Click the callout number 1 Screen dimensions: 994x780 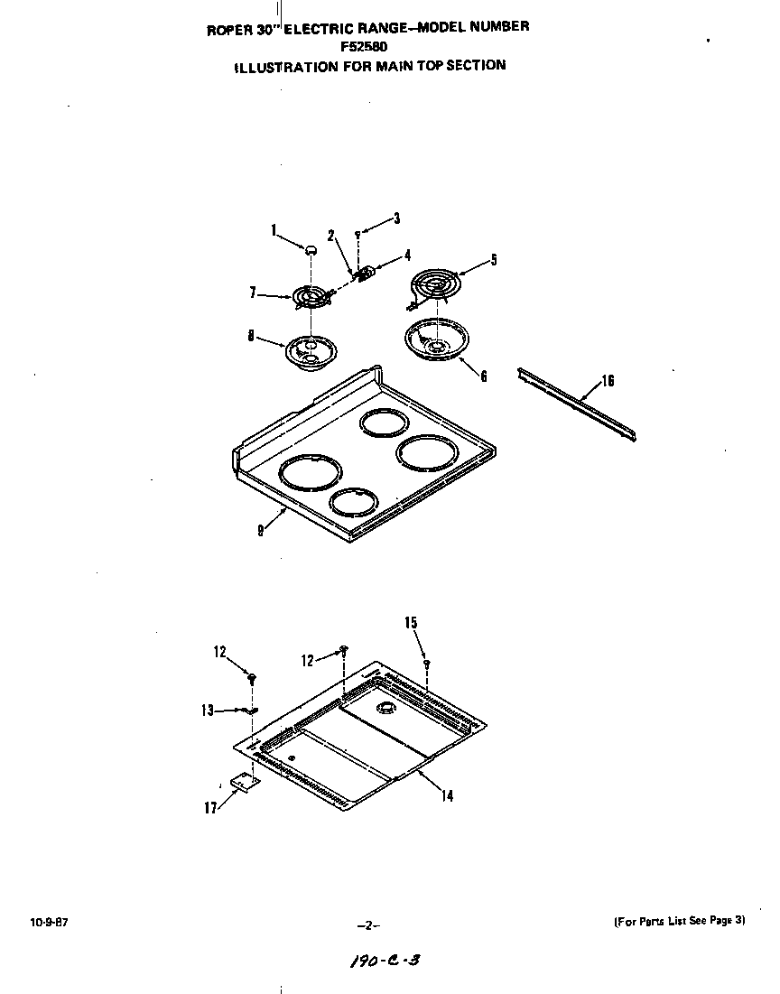tap(274, 230)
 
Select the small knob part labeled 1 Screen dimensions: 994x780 tap(311, 248)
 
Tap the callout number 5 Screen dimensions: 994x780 tap(493, 260)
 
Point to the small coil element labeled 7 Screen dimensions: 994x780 tap(310, 296)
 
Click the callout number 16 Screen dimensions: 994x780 tap(608, 381)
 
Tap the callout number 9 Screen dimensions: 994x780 tap(260, 530)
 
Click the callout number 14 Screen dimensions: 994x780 tap(448, 795)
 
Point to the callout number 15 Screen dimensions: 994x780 tap(411, 623)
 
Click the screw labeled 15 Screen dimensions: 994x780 tap(426, 664)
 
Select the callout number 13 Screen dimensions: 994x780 tap(208, 711)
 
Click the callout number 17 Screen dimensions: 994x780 tap(210, 808)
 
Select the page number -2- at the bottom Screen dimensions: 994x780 tap(368, 925)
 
